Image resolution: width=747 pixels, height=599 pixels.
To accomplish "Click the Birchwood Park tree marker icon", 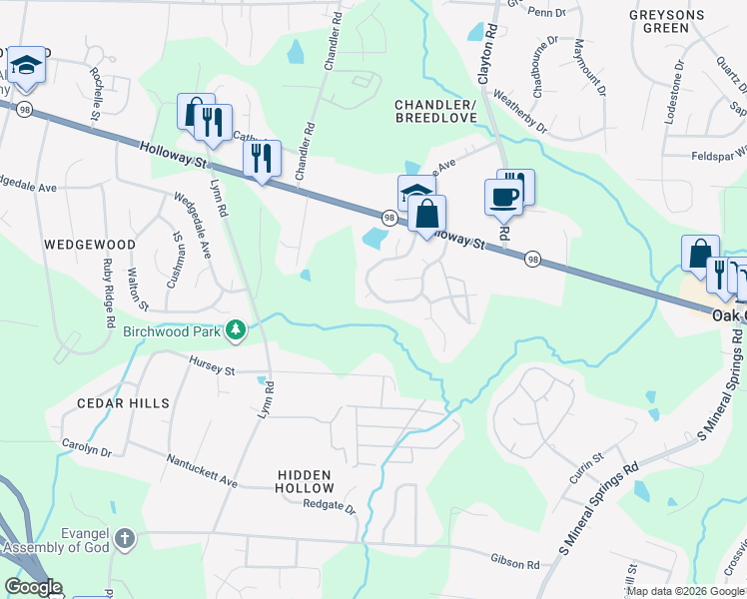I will coord(235,329).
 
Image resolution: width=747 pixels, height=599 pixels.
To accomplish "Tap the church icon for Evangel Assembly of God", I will coord(124,539).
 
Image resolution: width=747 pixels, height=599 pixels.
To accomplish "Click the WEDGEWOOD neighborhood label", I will coord(89,244).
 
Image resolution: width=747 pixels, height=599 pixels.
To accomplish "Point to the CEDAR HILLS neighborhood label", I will coord(125,403).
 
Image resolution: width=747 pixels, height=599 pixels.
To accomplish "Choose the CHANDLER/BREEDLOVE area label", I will coord(436,111).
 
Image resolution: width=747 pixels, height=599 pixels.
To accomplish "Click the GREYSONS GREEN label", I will coord(667,21).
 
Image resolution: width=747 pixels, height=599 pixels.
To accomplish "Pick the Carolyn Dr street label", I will coord(87,449).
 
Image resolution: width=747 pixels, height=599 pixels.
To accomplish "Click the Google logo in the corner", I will coord(33,587).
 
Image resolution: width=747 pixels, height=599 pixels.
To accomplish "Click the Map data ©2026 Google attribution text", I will coord(685,592).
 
